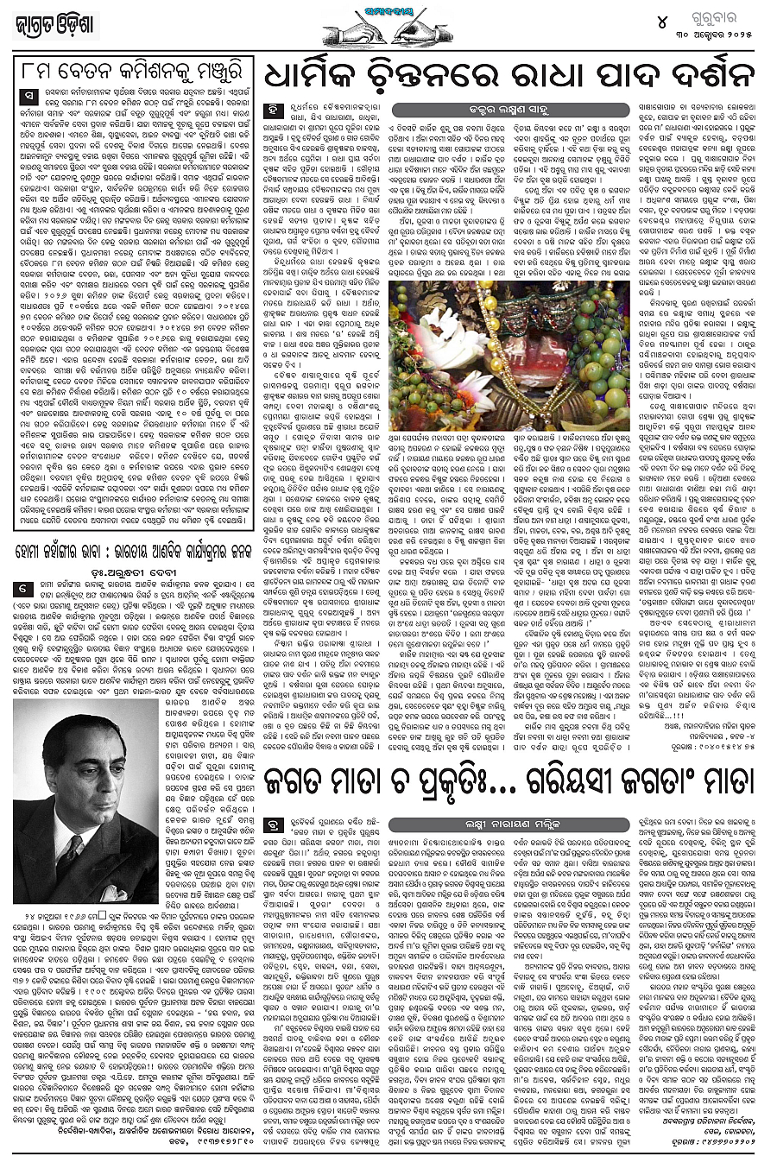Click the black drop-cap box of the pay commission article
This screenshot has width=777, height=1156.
pos(30,94)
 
